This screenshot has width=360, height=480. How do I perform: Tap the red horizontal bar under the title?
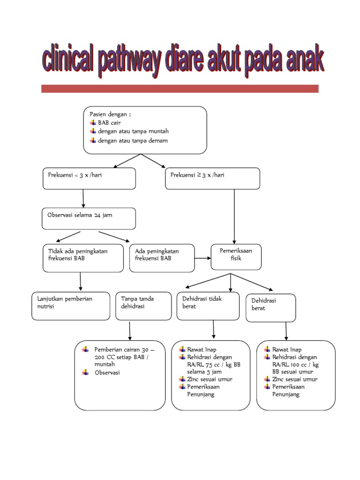click(180, 89)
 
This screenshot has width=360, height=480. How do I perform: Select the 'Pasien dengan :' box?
click(145, 130)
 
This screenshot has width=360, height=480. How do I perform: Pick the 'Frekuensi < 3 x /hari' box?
click(89, 179)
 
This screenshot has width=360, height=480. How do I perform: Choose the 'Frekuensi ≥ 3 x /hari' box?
click(212, 179)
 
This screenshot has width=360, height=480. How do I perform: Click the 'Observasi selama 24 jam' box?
click(89, 218)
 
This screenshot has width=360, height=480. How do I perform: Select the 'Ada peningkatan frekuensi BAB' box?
click(162, 258)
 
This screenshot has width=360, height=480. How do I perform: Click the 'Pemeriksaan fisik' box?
click(236, 257)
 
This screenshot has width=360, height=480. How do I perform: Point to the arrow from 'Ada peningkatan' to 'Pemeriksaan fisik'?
click(202, 258)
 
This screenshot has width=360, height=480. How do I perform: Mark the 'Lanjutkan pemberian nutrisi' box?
click(70, 306)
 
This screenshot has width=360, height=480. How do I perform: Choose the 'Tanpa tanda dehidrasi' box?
click(143, 306)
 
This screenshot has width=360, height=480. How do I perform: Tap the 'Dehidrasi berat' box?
click(270, 308)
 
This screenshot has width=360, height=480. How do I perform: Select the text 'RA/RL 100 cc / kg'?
click(295, 364)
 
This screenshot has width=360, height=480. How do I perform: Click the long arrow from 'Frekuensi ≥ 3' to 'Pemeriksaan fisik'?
click(234, 216)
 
